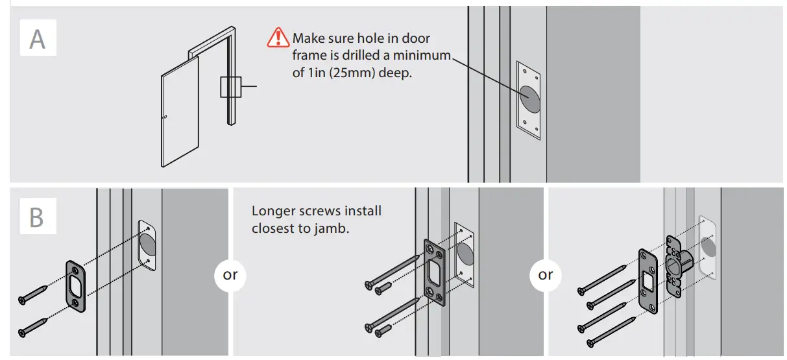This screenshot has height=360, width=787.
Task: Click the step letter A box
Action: point(38,38)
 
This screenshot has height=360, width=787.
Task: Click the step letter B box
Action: point(36,217)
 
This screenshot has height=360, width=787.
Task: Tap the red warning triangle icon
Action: point(278,38)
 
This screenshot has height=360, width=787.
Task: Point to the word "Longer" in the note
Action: point(271,211)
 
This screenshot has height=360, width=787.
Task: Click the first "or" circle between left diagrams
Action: point(230,274)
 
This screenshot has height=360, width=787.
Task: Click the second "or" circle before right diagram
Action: point(546,274)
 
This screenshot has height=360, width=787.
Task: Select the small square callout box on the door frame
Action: point(230,87)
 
